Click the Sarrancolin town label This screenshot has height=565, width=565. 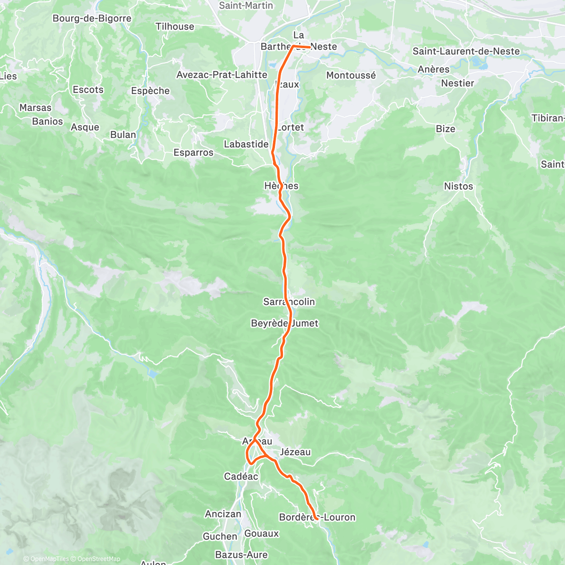coord(289,302)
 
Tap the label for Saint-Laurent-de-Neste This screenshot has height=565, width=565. coord(466,51)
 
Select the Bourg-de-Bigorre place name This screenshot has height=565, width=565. coord(92,18)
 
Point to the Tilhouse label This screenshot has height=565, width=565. coord(175,27)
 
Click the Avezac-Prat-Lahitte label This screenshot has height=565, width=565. coord(222,75)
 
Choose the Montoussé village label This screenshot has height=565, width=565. coord(351,75)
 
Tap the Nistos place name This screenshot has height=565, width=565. coord(458,186)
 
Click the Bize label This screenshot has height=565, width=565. coord(445,129)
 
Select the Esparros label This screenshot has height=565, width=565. coord(194,153)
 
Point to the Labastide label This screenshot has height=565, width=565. coord(246,144)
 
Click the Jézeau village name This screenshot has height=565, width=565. coord(295,452)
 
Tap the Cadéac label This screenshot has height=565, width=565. coord(241,476)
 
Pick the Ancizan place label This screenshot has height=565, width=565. coord(223,514)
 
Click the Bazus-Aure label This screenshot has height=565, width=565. coord(242,555)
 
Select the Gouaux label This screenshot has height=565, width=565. coord(262,533)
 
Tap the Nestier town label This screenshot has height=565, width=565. coord(458,83)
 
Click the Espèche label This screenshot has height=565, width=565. coord(151,91)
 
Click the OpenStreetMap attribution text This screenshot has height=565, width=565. coord(98,559)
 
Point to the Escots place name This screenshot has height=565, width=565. coord(88,89)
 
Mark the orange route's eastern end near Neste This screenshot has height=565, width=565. coord(310,47)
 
